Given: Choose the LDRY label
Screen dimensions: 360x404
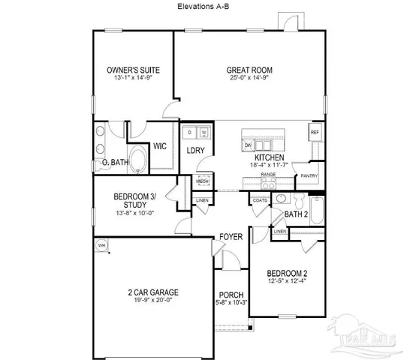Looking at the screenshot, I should [x=196, y=150].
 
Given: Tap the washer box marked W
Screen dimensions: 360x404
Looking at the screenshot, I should [x=204, y=133].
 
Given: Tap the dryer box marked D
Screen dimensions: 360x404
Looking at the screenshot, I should [x=191, y=133].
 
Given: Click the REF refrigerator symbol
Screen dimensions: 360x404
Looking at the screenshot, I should [x=315, y=133].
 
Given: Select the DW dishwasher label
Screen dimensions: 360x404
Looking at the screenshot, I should [x=247, y=145].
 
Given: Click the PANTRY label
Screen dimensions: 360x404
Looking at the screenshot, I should [x=309, y=176].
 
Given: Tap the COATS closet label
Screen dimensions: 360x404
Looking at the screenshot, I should [x=260, y=200].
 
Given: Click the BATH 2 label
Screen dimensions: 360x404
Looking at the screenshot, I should [x=297, y=214].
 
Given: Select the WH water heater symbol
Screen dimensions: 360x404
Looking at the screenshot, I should [x=101, y=245].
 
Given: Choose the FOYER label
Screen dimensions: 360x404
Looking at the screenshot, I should [x=231, y=237].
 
